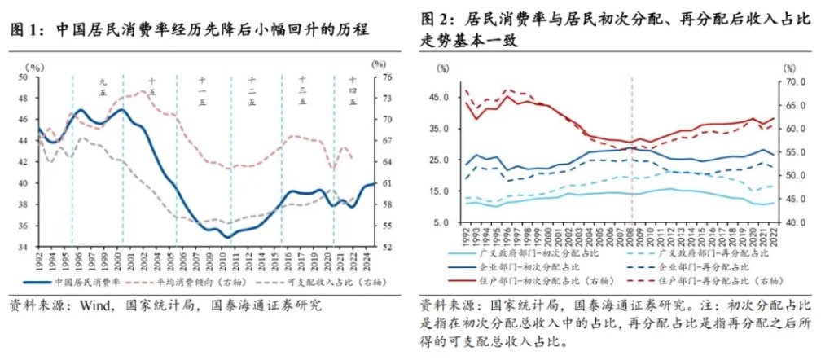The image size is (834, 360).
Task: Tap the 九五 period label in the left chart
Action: click(103, 87)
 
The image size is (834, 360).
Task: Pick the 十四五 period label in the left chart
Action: click(352, 87)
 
